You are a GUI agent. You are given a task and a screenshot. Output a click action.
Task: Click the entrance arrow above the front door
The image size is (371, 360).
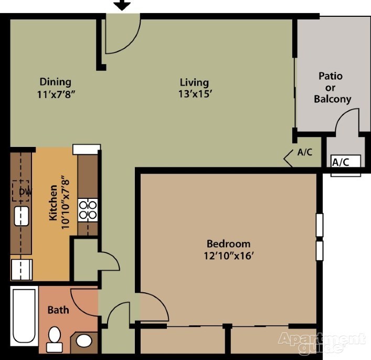122,5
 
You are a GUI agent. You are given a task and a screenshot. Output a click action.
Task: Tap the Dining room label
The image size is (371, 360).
55,82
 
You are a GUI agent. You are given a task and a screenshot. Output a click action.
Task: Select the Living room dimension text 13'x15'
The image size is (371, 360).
194,94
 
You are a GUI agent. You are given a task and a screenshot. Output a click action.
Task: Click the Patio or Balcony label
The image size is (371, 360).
332,87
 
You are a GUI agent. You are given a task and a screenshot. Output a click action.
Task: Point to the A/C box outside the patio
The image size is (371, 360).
346,162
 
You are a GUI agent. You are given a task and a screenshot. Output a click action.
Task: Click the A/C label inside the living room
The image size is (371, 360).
305,153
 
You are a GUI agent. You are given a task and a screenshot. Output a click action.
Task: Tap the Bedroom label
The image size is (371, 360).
228,243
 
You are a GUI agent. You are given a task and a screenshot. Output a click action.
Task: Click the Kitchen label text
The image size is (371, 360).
53,203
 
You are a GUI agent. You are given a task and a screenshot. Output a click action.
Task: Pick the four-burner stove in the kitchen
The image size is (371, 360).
88,209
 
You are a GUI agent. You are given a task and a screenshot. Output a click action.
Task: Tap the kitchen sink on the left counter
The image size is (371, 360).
21,216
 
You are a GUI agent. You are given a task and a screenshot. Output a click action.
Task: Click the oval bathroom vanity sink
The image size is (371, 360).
84,341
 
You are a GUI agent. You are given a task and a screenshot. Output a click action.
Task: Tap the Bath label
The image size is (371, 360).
58,310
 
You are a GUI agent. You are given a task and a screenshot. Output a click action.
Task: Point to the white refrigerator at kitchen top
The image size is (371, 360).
86,149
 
